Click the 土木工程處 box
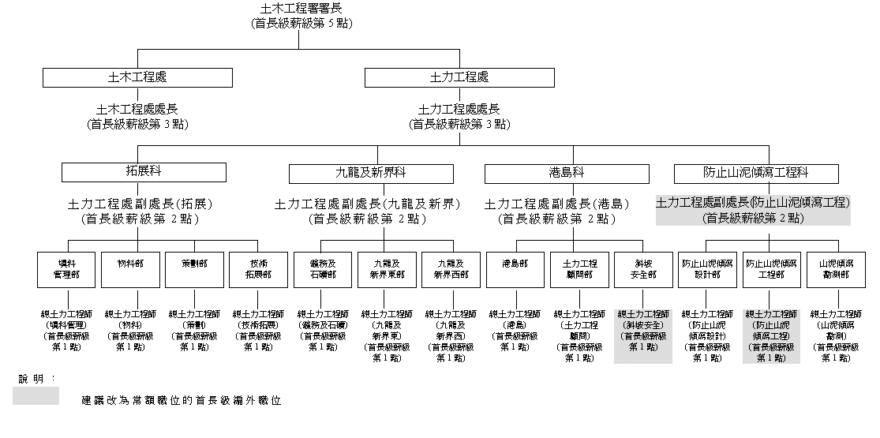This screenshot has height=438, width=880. coord(137,77)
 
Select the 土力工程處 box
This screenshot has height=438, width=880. coord(459,77)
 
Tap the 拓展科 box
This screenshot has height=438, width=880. coord(144,172)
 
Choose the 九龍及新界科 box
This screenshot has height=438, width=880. coord(371,173)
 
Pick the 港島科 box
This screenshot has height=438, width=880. coord(567,173)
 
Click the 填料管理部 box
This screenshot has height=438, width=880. coord(66,269)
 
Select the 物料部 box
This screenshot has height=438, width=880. coord(130,269)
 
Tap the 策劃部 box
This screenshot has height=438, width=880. coord(194,269)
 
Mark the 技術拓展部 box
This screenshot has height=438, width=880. coord(258,269)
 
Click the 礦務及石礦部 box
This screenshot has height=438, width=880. coord(322,269)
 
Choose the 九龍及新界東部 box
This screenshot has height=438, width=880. coord(387,269)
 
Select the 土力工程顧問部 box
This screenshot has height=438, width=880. coord(579,269)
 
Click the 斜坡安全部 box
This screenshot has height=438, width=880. coord(643,269)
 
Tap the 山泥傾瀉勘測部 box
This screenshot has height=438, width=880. coord(835,269)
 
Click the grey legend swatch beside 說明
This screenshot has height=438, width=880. coord(36,395)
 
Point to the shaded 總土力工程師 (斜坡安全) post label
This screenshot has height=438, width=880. coord(643,335)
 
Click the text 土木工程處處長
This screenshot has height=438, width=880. coord(137,110)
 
